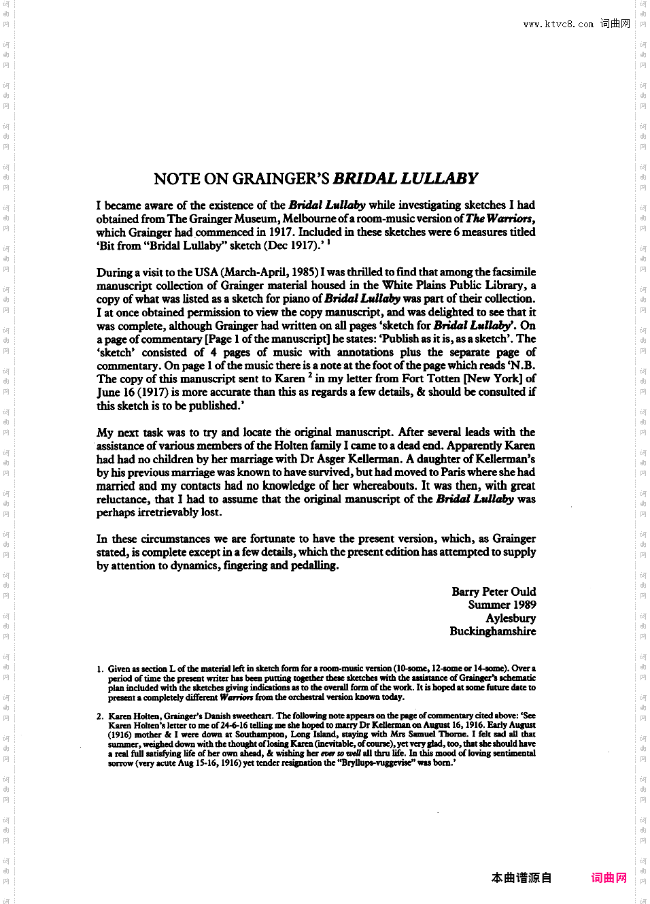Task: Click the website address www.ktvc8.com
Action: point(558,24)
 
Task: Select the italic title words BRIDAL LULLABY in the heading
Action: point(405,179)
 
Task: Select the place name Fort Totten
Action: point(431,378)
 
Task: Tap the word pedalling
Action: point(314,565)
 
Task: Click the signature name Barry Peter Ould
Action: point(494,592)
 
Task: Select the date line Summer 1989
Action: point(502,605)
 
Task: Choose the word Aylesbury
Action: point(511,618)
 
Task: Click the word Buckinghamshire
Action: point(492,631)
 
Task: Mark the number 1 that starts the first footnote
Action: point(100,669)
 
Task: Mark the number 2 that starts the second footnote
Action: point(100,716)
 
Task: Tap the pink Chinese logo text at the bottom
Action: point(609,877)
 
